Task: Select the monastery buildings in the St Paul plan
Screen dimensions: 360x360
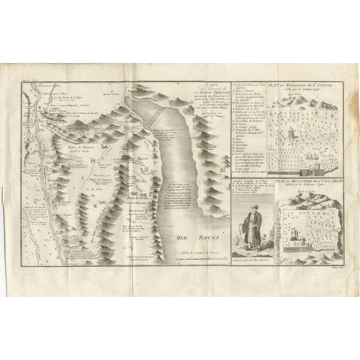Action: click(x=296, y=224)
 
